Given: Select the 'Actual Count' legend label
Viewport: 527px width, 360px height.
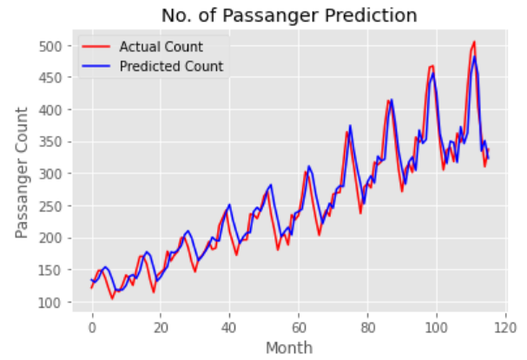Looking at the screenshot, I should [161, 47].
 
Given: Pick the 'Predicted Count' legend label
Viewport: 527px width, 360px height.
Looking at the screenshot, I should [171, 66].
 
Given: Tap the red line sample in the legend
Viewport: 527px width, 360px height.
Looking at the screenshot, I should [96, 47].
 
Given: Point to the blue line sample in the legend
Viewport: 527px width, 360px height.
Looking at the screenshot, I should [96, 66].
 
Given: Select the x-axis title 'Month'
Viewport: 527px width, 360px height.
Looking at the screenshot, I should [290, 347].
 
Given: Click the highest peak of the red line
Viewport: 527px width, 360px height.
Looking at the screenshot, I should [474, 42].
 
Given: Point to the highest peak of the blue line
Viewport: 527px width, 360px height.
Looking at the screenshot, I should [475, 57].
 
